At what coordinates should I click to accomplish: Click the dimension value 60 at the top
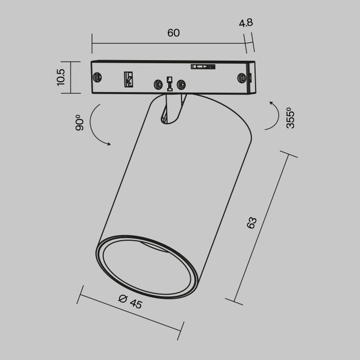pyautogui.click(x=173, y=33)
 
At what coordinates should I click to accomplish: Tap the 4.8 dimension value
pyautogui.click(x=246, y=24)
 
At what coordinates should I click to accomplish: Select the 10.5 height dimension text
pyautogui.click(x=61, y=78)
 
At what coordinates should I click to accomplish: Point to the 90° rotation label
pyautogui.click(x=79, y=122)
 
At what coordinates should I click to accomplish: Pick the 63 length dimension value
pyautogui.click(x=251, y=223)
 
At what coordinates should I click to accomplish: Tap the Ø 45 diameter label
pyautogui.click(x=130, y=301)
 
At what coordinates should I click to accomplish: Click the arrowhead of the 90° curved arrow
pyautogui.click(x=109, y=145)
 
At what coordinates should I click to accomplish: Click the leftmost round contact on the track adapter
pyautogui.click(x=97, y=78)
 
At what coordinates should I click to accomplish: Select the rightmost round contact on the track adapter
pyautogui.click(x=241, y=78)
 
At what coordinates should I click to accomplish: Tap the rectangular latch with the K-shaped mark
pyautogui.click(x=128, y=79)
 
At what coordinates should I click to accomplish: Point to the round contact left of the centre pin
pyautogui.click(x=158, y=84)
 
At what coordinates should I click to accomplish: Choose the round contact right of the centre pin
pyautogui.click(x=181, y=84)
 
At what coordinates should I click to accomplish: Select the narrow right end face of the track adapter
pyautogui.click(x=251, y=78)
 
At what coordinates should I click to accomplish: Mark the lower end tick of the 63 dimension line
pyautogui.click(x=234, y=301)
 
